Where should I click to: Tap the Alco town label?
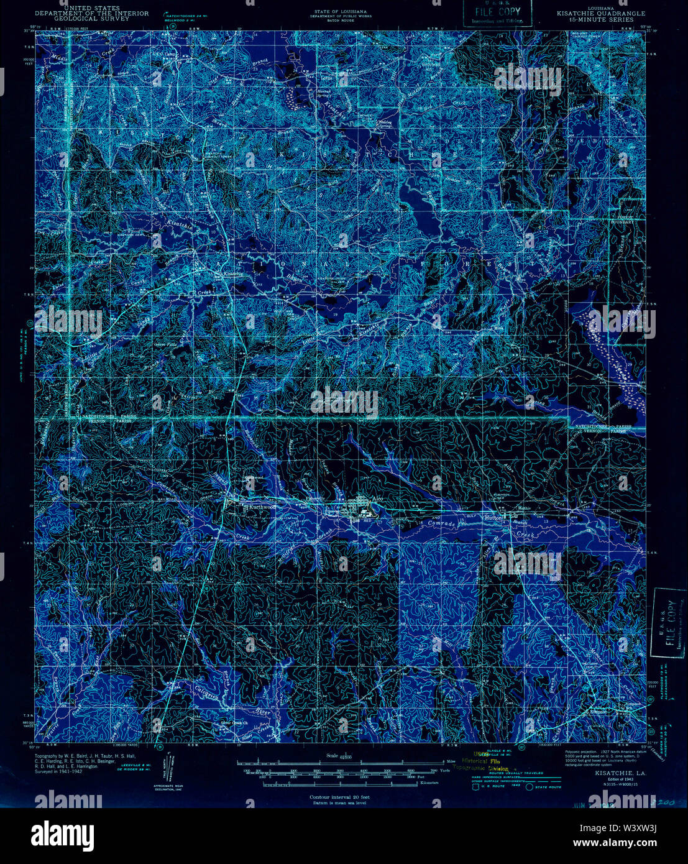(376, 499)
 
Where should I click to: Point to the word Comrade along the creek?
(442, 524)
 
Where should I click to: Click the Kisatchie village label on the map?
(234, 273)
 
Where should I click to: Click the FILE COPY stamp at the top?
(497, 12)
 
